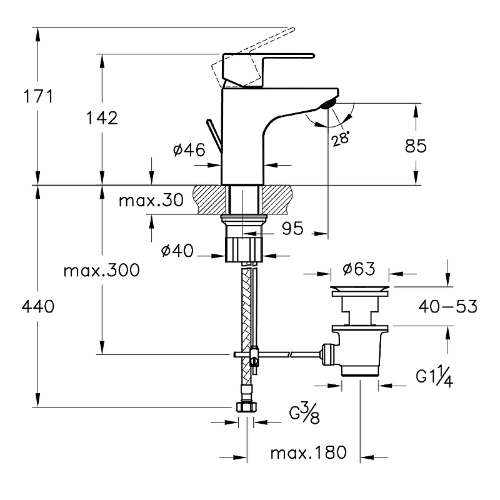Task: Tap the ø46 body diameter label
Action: (187, 150)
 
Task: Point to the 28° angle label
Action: (341, 139)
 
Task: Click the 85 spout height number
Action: (416, 146)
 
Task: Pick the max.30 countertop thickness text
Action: (151, 201)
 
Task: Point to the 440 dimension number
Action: (38, 306)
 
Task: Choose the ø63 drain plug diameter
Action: (359, 269)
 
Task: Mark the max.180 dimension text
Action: (308, 453)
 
